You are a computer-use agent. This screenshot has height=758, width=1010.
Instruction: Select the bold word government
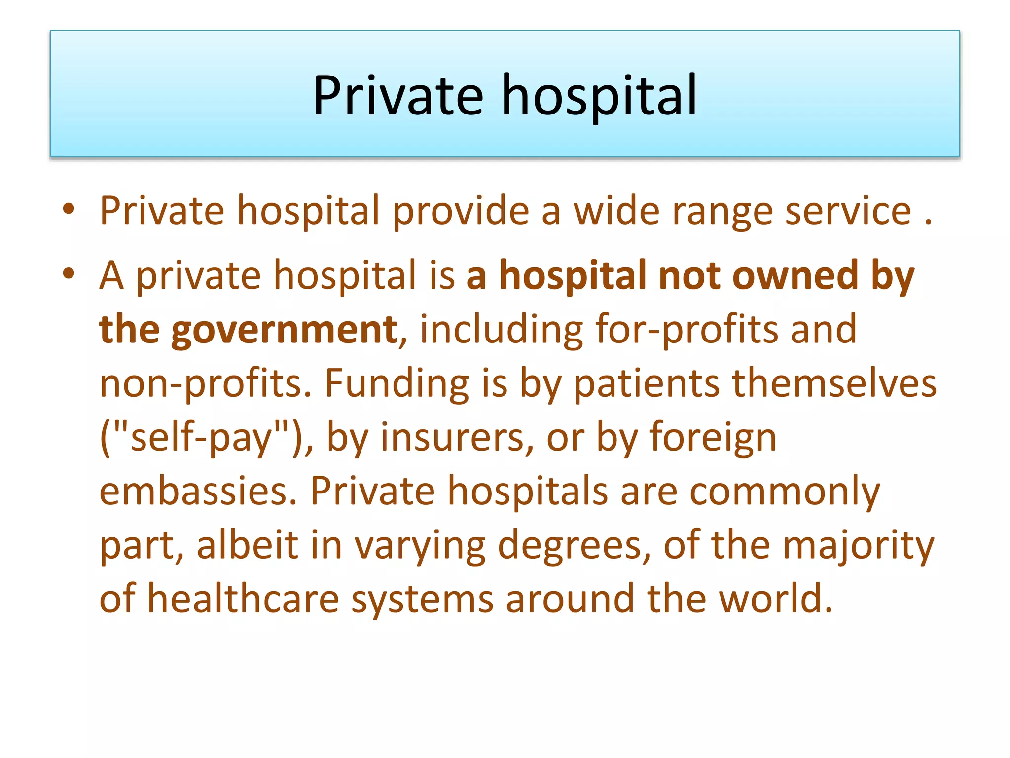tap(284, 330)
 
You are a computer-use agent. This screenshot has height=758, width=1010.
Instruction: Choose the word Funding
tap(397, 383)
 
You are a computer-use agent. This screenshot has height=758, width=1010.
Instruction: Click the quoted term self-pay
tap(202, 438)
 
